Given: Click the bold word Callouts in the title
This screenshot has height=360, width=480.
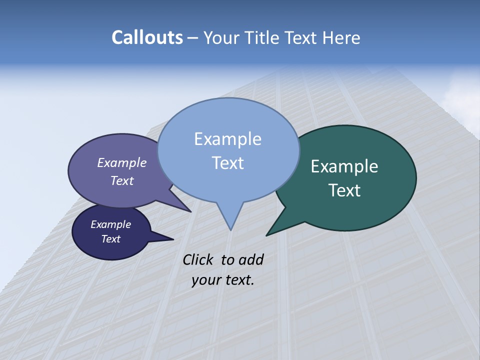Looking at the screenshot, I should pyautogui.click(x=147, y=37).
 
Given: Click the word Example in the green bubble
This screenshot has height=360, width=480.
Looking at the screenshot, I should pyautogui.click(x=344, y=166).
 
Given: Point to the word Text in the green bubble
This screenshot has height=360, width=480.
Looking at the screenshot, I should pyautogui.click(x=345, y=190).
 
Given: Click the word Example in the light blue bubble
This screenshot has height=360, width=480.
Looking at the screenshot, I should pyautogui.click(x=227, y=139).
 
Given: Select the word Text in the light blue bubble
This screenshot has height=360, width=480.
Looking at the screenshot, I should pyautogui.click(x=228, y=163).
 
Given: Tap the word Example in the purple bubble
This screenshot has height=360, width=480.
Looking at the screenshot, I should pyautogui.click(x=122, y=162).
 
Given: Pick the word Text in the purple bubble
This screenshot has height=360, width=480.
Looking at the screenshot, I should pyautogui.click(x=122, y=180).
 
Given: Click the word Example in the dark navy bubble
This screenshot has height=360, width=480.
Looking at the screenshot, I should pyautogui.click(x=110, y=224).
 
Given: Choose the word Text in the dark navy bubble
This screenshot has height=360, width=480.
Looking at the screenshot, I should pyautogui.click(x=111, y=239).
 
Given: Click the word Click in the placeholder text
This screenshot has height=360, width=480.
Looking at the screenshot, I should pyautogui.click(x=198, y=259).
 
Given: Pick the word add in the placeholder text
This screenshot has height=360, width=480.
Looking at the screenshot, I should pyautogui.click(x=251, y=259).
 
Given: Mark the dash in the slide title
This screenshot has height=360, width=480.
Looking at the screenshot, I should pyautogui.click(x=193, y=38).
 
